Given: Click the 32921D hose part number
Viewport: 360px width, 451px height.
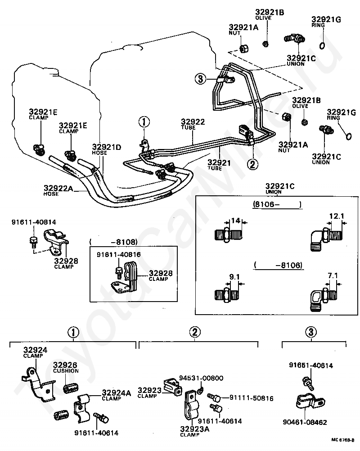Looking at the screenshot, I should pos(107,147).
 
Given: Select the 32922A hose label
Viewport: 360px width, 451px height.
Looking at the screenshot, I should pos(58,188).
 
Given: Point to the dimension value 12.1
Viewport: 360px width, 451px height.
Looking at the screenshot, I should pos(336,216).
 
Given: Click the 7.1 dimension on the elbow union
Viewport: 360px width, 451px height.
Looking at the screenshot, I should pos(332,275).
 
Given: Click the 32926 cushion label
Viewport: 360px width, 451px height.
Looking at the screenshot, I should pos(66,365).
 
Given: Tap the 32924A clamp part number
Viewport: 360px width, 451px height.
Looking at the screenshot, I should pos(116,392).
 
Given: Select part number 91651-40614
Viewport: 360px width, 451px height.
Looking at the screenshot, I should pos(314,365).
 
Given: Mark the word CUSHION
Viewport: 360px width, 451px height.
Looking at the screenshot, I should pos(66,371).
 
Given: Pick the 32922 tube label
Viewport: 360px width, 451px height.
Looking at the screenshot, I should pos(193,122).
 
